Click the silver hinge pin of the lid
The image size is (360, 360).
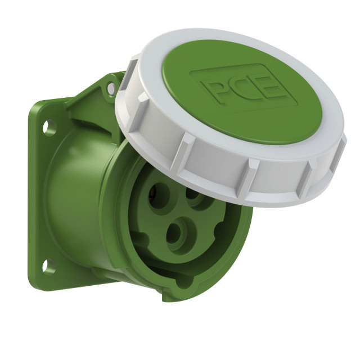point(111,88)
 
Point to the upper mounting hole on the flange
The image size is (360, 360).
point(49,127)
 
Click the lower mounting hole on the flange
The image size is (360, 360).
point(49,267)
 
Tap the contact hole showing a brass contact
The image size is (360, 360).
point(159,196)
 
